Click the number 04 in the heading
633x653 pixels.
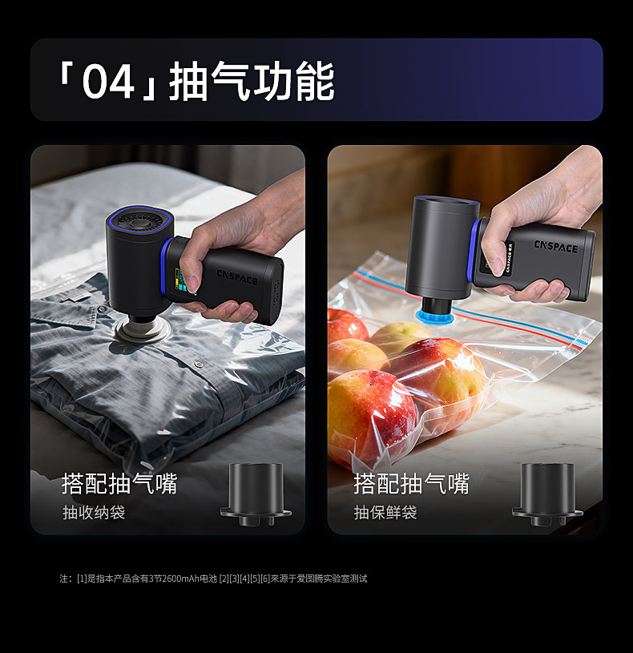108,82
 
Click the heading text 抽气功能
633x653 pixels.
252,81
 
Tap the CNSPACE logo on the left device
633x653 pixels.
237,277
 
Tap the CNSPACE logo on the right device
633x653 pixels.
556,246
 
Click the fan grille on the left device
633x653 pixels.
139,220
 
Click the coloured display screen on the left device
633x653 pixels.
181,279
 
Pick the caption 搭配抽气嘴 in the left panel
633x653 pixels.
119,483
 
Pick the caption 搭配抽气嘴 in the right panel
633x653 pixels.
412,483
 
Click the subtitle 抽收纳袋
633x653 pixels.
94,512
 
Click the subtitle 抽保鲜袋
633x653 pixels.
385,512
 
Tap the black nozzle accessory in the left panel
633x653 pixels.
256,494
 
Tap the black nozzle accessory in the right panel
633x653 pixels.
547,494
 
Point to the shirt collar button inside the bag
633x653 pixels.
103,309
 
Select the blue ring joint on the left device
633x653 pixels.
165,268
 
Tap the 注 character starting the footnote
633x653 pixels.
63,578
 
